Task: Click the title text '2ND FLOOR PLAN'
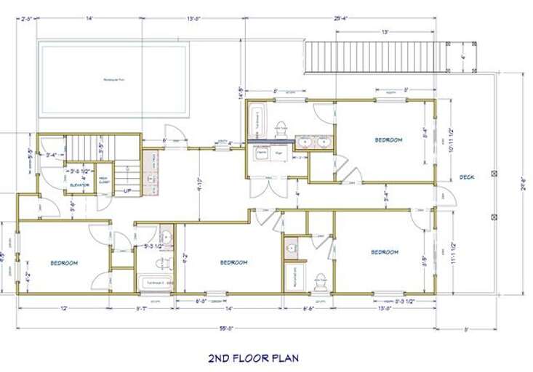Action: [253, 357]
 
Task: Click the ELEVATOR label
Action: [79, 185]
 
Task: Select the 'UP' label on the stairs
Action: [127, 191]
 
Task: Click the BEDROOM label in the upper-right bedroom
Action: [388, 139]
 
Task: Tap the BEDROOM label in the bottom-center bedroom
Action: [233, 262]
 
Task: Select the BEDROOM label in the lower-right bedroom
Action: [385, 252]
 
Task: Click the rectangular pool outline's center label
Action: [114, 79]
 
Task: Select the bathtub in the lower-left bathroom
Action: [154, 283]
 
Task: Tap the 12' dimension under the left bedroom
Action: [64, 308]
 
